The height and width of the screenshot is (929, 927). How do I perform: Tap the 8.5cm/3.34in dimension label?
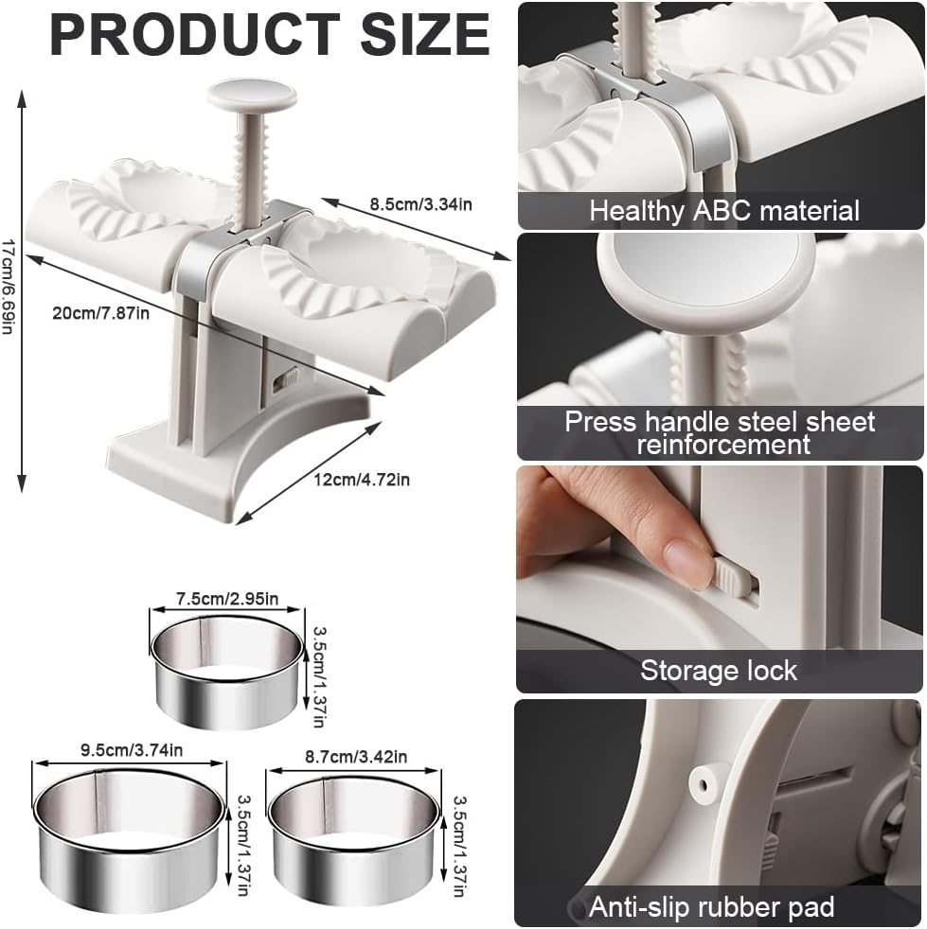pos(421,204)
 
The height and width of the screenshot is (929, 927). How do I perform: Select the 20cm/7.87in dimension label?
pos(100,312)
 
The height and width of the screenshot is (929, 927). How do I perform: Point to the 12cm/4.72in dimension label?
pos(362,480)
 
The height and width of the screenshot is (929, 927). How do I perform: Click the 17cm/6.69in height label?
pos(8,286)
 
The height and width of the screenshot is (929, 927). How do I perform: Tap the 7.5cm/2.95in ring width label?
pos(227,599)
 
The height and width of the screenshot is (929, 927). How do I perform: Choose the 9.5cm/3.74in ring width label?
pos(132,750)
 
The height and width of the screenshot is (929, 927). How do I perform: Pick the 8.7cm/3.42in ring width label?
pos(356,757)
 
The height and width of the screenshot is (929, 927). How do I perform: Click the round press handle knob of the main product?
pos(252,95)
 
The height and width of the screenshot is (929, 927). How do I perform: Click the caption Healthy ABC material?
pos(724,211)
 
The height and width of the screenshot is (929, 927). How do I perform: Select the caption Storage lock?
pos(719,671)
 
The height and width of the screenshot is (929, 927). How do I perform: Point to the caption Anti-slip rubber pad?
pos(712,907)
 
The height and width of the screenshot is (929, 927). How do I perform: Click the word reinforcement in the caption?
pos(723,445)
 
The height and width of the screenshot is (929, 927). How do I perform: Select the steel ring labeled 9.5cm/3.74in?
pos(131,877)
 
